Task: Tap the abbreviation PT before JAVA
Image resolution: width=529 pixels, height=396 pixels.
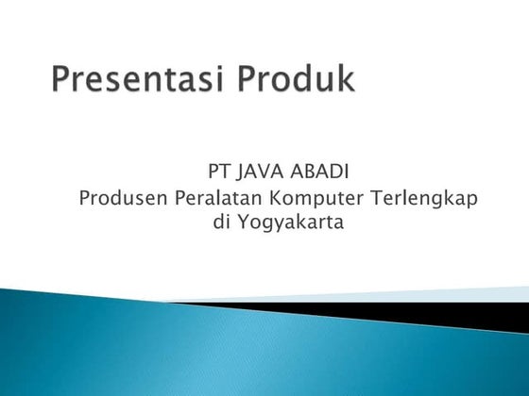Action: coord(217,173)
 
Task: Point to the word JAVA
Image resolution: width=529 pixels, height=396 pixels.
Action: coord(256,173)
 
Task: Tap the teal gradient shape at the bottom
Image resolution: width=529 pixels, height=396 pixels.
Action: coord(189,349)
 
